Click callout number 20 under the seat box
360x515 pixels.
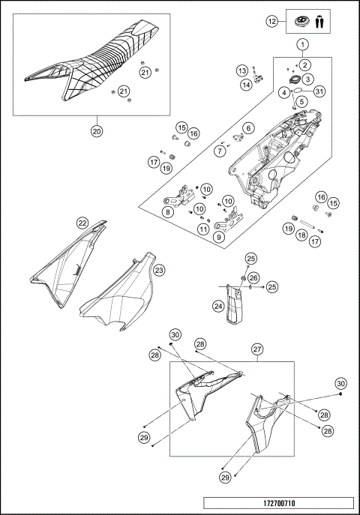coord(96,130)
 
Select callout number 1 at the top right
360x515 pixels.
coord(302,45)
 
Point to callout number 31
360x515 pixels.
coord(320,91)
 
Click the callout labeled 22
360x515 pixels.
coord(82,223)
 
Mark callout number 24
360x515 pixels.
coord(217,305)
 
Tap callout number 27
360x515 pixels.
coord(256,349)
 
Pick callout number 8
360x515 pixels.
coord(167,212)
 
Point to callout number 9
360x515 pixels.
coord(218,238)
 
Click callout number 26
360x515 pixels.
coord(253,278)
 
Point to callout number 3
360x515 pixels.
coord(308,78)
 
